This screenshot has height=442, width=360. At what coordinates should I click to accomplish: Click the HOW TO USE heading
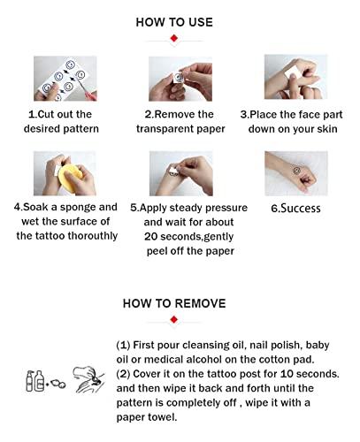pyautogui.click(x=174, y=22)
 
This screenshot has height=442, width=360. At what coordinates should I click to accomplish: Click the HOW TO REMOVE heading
pyautogui.click(x=174, y=303)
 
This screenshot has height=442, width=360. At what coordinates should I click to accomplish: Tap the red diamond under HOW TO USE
pyautogui.click(x=174, y=38)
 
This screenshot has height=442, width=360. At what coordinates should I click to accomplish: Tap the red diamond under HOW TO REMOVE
pyautogui.click(x=174, y=320)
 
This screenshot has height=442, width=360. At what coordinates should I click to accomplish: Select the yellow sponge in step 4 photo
pyautogui.click(x=70, y=178)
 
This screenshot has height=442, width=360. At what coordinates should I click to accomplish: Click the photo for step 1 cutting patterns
pyautogui.click(x=65, y=79)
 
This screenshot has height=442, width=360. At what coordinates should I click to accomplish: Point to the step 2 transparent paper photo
pyautogui.click(x=180, y=79)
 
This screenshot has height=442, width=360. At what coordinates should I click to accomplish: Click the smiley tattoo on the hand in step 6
pyautogui.click(x=297, y=170)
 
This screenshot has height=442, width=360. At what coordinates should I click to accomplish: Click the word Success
pyautogui.click(x=300, y=209)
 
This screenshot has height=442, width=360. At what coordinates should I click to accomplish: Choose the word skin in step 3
pyautogui.click(x=327, y=129)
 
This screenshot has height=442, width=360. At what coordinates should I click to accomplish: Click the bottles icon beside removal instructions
pyautogui.click(x=35, y=381)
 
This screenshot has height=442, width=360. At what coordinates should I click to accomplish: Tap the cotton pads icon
pyautogui.click(x=57, y=384)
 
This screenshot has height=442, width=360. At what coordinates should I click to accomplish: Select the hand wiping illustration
pyautogui.click(x=88, y=379)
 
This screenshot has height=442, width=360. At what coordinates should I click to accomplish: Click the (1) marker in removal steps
pyautogui.click(x=123, y=345)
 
